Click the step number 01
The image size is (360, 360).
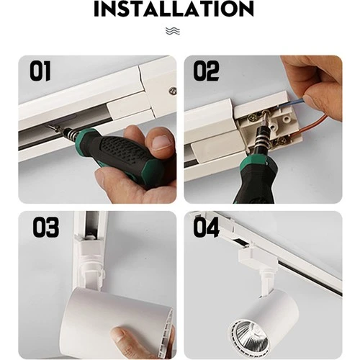(41, 72)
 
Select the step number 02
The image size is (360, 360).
(206, 72)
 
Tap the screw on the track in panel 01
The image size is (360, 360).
(172, 91)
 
